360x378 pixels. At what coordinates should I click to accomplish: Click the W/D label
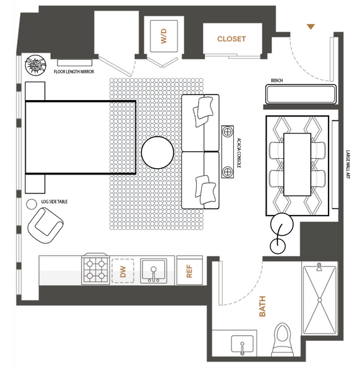click(x=163, y=36)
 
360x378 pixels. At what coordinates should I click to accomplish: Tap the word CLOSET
click(x=231, y=39)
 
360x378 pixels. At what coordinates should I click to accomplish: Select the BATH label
click(x=262, y=306)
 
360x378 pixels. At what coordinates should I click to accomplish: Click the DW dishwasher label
click(x=123, y=272)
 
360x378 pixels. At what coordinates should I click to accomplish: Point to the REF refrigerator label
click(x=189, y=271)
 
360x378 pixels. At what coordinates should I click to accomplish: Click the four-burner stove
click(x=96, y=269)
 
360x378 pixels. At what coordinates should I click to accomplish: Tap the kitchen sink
click(x=153, y=271)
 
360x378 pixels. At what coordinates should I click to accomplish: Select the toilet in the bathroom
click(x=282, y=340)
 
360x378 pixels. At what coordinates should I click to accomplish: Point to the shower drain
click(x=320, y=300)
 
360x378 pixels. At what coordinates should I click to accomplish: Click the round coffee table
click(x=158, y=152)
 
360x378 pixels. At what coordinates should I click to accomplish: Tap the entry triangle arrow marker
click(x=311, y=26)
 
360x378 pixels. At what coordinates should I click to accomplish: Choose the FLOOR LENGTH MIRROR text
click(x=74, y=72)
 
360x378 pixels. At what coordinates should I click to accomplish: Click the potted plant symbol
click(x=35, y=65)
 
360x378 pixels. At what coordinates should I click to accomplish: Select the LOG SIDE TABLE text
click(x=54, y=202)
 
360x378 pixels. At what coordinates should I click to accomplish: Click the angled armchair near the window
click(x=45, y=225)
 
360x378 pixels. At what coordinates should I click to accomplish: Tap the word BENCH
click(x=277, y=80)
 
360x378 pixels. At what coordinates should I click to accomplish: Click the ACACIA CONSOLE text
click(x=239, y=153)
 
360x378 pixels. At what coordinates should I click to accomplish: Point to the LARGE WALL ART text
click(x=347, y=164)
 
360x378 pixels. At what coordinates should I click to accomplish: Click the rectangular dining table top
click(x=297, y=164)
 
